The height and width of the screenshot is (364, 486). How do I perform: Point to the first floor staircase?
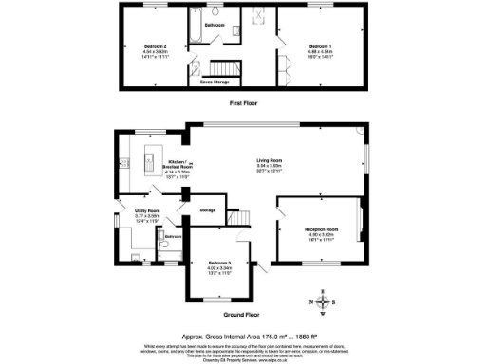(x=226, y=69)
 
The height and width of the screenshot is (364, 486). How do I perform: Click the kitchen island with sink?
(x=148, y=164)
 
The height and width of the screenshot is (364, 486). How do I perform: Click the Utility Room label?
(x=146, y=210)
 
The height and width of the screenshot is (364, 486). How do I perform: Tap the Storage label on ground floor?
(x=206, y=209)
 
